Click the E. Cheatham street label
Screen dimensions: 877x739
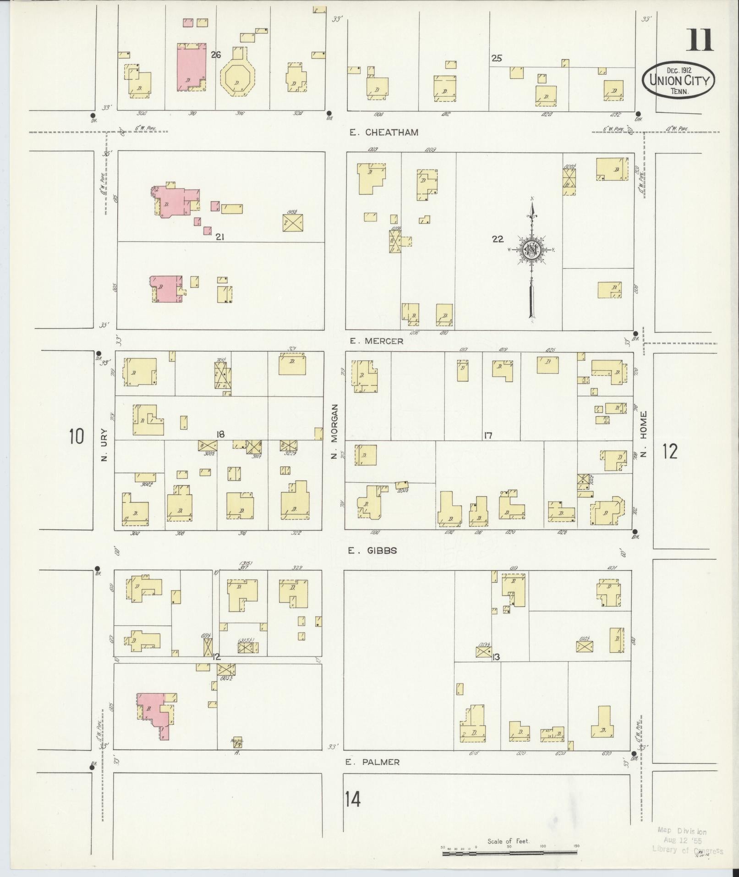[x=383, y=132]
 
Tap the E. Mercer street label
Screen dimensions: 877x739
[x=376, y=341]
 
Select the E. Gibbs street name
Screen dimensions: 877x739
[x=372, y=551]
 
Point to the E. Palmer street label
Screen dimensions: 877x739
[x=372, y=762]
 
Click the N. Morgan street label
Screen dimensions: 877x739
[x=334, y=431]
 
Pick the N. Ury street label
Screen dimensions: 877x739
[x=104, y=445]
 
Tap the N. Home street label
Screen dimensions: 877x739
[x=644, y=434]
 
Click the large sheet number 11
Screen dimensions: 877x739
[x=699, y=40]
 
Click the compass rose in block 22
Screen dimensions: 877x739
[x=532, y=250]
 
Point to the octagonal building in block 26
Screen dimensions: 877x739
[x=237, y=79]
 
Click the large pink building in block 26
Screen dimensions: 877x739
[x=191, y=67]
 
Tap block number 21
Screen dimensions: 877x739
[x=220, y=237]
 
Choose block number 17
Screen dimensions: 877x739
[x=487, y=436]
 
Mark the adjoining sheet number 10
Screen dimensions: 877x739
[x=77, y=436]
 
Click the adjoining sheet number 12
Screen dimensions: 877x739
[x=669, y=452]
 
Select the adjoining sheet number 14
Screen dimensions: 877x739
[x=353, y=800]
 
